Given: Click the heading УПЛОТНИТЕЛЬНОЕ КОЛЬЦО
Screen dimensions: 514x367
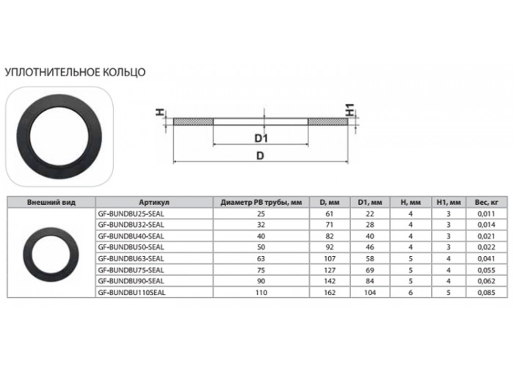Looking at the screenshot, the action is [x=75, y=72].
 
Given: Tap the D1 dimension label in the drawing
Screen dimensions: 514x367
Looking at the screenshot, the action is [x=261, y=139].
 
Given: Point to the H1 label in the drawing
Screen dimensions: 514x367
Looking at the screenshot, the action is [x=350, y=110].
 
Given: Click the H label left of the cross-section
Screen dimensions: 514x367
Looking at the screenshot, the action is [x=159, y=112].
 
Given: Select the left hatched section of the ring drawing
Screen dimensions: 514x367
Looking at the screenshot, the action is [x=193, y=122].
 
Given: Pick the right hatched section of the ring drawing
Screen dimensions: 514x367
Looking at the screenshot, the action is [x=327, y=122].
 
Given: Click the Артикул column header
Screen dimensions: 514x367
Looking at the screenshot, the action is [x=154, y=202].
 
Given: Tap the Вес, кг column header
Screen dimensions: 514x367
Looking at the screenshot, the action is [x=486, y=202].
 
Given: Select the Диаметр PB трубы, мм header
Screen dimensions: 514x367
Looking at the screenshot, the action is [x=261, y=202].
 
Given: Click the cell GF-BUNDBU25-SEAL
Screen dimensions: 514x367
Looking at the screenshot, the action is [x=131, y=214].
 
